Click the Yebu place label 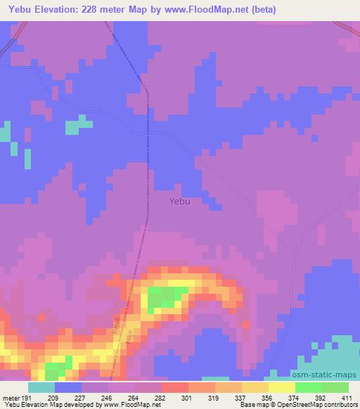180,201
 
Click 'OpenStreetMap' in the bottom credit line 298,405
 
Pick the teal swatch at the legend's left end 41,387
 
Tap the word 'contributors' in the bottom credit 340,405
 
